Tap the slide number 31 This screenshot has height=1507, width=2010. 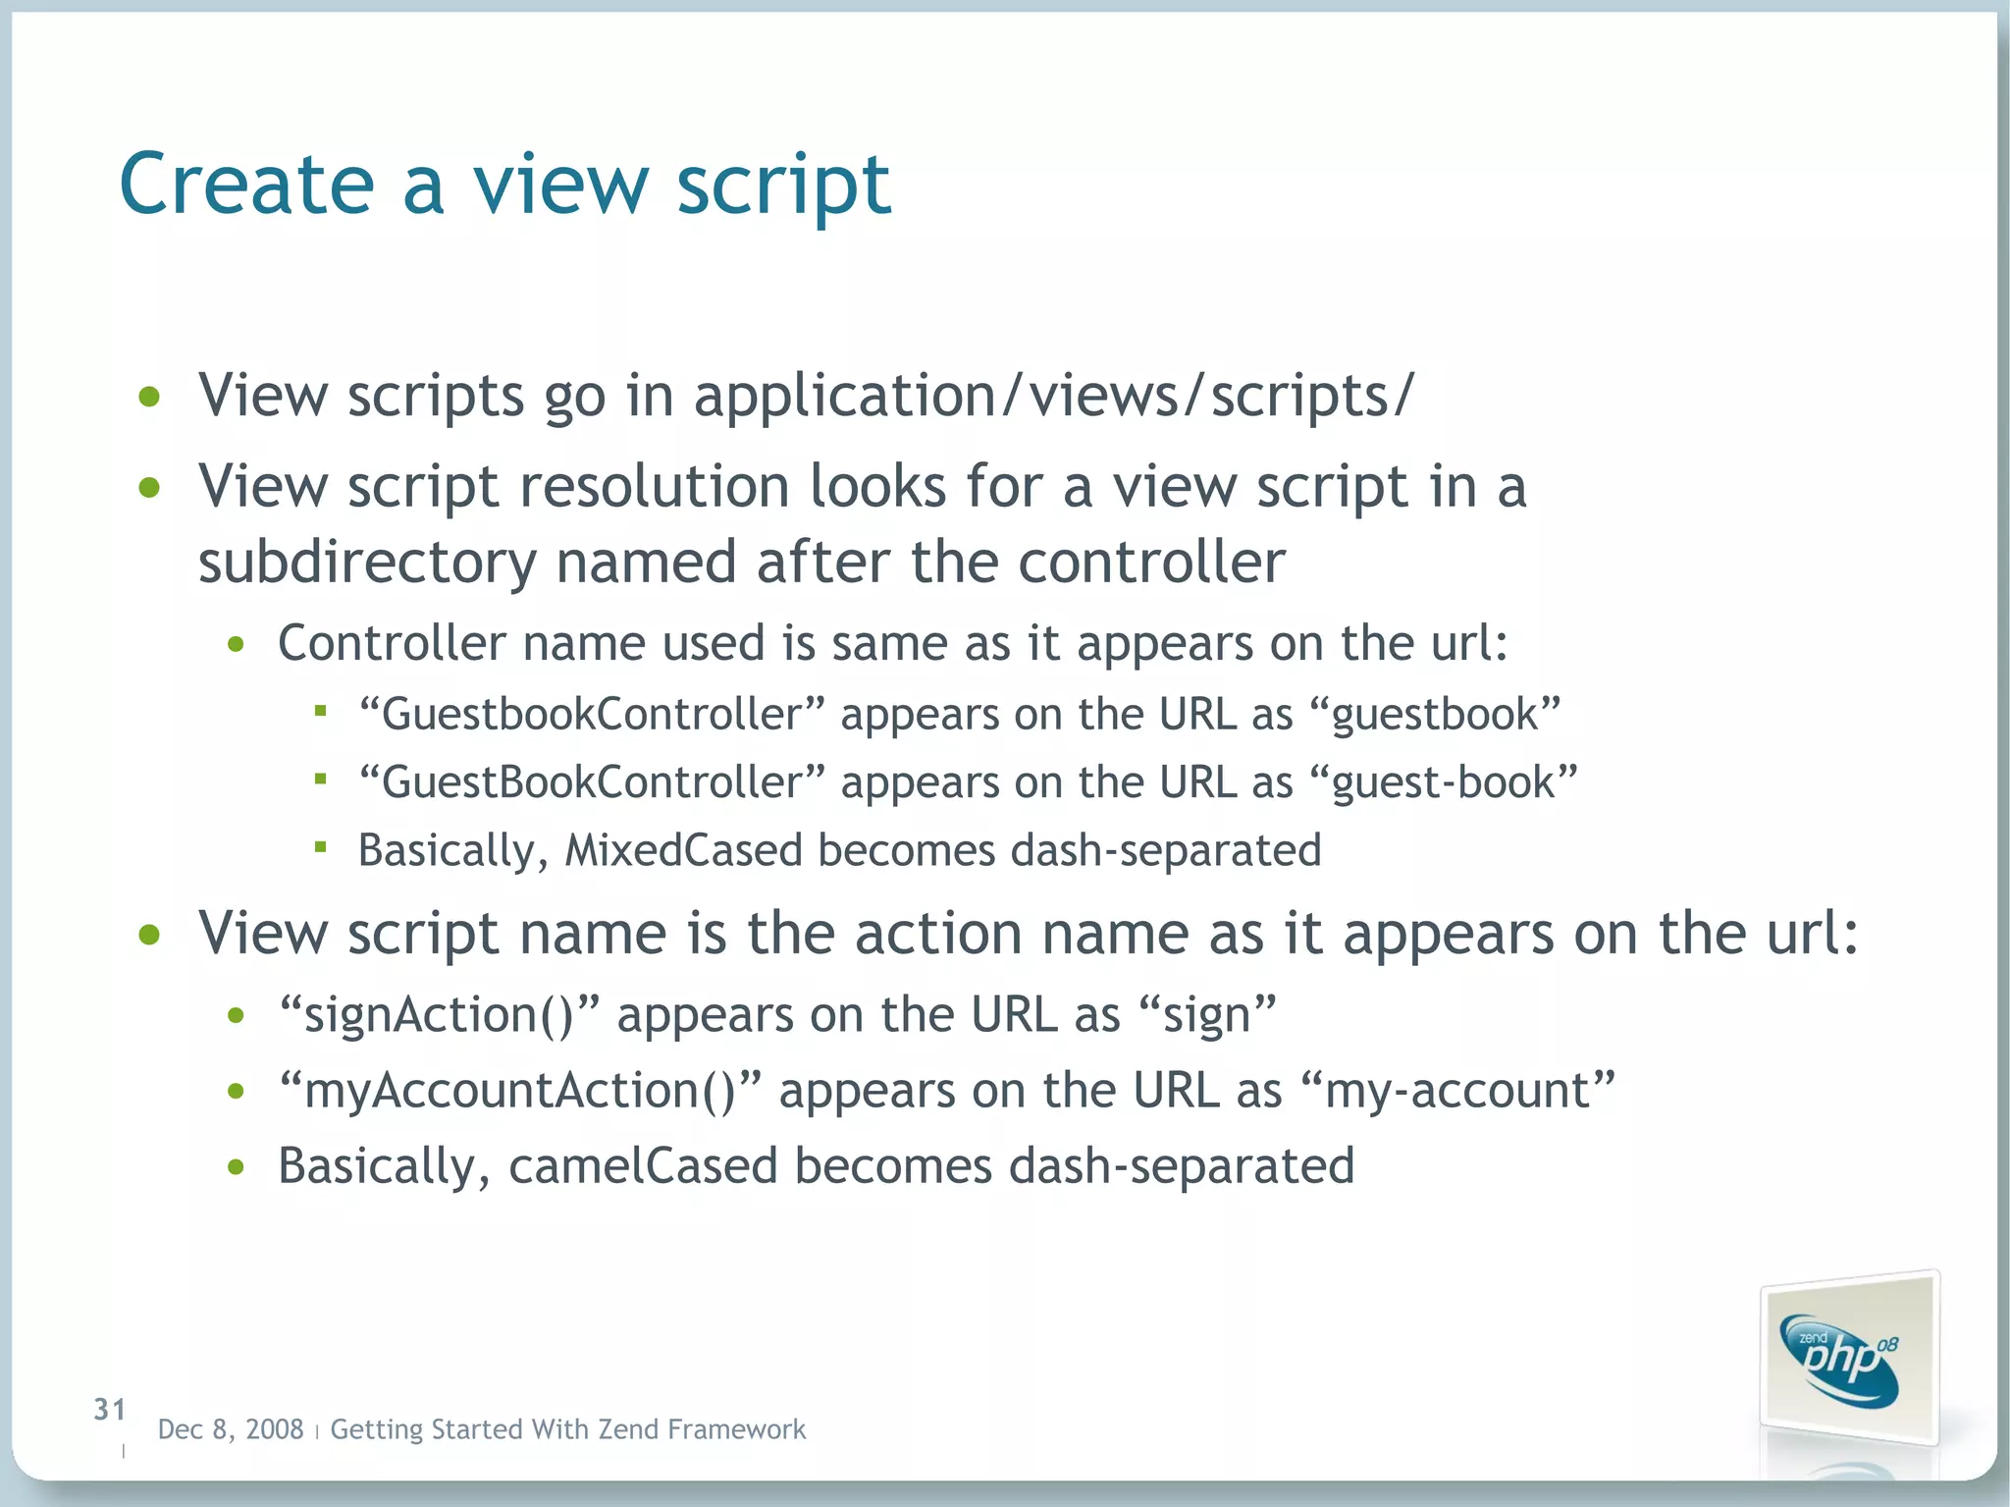tap(110, 1410)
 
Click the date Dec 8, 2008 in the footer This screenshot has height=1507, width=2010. tap(231, 1429)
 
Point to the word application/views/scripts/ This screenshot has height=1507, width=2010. tap(1054, 396)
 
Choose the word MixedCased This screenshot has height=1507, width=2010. tap(684, 850)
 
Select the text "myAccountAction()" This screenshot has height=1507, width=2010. tap(520, 1091)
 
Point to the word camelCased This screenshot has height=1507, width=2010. tap(643, 1166)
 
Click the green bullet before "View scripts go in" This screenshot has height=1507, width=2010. tap(149, 398)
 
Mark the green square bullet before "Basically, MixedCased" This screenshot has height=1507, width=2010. tap(320, 846)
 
